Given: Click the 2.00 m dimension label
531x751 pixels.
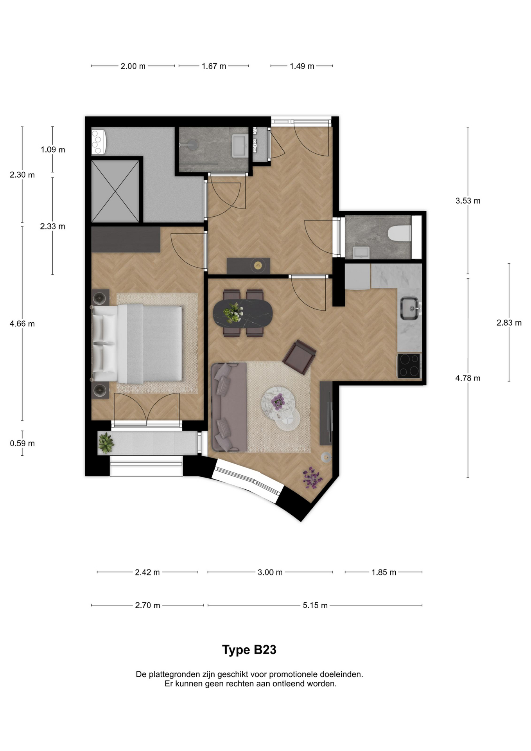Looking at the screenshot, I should (x=133, y=66).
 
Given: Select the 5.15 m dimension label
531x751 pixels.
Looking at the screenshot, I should (x=315, y=605).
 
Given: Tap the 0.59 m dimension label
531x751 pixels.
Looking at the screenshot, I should (x=22, y=443).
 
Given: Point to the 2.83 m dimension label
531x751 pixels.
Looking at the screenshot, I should (x=509, y=323).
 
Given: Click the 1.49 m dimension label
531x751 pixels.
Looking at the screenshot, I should (x=302, y=66).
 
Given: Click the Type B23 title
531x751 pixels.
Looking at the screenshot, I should (x=249, y=650).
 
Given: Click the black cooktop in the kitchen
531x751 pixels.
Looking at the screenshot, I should (x=409, y=365).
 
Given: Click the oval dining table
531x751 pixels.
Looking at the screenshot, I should (x=243, y=313).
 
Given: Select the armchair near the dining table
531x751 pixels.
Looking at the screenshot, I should (x=299, y=357).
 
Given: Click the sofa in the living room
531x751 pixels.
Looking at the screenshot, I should (x=229, y=407).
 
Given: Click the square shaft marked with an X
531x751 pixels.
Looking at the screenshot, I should (x=115, y=191).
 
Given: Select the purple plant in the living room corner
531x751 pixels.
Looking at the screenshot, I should (x=312, y=477).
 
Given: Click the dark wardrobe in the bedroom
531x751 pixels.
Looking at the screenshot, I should (x=126, y=239).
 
